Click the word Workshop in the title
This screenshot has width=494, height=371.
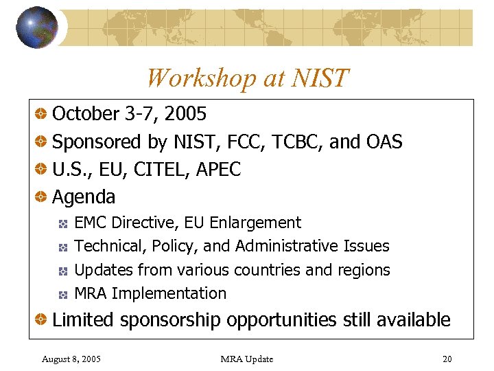[x=199, y=78]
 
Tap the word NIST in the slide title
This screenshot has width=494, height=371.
[x=320, y=78]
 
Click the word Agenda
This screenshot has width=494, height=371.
[x=84, y=197]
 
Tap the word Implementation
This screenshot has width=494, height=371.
[x=169, y=293]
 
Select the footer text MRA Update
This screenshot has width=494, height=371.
[x=247, y=359]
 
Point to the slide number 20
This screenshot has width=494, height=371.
[x=447, y=359]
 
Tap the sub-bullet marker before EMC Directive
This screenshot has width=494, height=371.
[x=62, y=224]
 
